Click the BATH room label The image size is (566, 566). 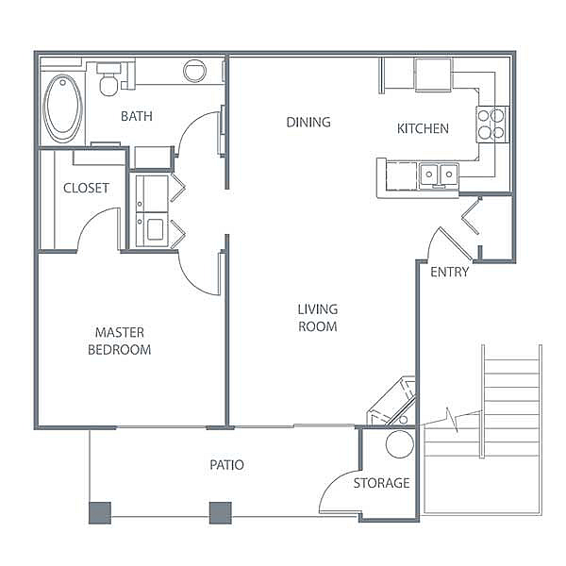[137, 116]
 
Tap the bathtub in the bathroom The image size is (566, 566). [63, 108]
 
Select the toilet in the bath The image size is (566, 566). [108, 80]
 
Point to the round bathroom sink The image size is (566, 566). [194, 71]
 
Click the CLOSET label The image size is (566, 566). [86, 188]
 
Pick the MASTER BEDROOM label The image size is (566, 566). [120, 341]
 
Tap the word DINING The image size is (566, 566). [308, 122]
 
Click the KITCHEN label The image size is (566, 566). [423, 128]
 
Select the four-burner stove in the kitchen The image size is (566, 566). [492, 125]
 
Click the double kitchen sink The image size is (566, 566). [439, 175]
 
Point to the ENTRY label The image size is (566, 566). [449, 272]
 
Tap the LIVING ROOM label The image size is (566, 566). [318, 318]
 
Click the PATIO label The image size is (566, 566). [226, 465]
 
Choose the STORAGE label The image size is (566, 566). [381, 483]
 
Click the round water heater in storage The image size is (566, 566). [400, 444]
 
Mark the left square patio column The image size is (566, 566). [100, 513]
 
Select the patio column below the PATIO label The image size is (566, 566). [221, 513]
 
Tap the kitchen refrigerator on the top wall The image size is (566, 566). [433, 75]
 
